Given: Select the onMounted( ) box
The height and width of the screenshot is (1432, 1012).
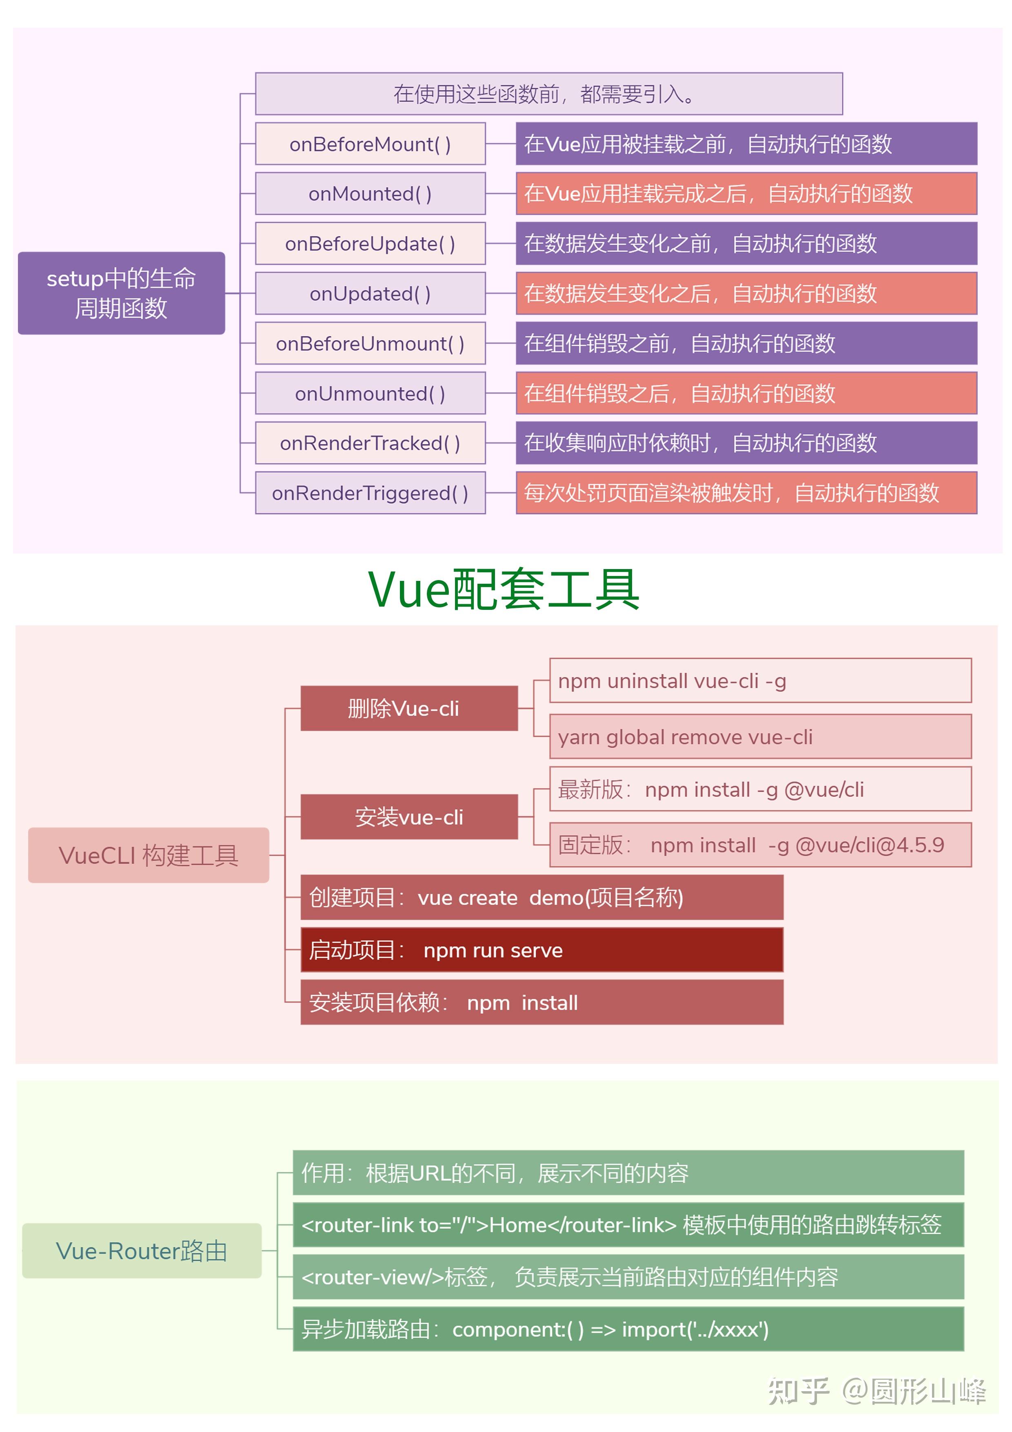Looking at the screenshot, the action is [371, 193].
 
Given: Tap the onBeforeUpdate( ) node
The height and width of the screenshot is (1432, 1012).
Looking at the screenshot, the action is [371, 243].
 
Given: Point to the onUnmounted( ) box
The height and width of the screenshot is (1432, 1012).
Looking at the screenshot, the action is [371, 393].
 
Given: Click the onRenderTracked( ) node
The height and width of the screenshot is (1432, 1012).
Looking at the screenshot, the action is [371, 443].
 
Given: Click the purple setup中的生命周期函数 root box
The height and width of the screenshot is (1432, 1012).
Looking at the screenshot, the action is [122, 293].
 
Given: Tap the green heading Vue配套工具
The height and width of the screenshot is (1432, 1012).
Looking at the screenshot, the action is [504, 589].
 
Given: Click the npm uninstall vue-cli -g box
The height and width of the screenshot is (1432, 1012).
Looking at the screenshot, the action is [761, 680].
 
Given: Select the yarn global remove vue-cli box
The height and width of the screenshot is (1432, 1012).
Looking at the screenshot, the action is [761, 736].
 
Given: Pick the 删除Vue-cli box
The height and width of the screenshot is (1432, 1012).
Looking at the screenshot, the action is [409, 709].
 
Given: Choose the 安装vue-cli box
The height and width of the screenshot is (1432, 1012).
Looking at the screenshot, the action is [409, 817].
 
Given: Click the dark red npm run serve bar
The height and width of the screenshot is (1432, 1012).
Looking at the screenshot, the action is [542, 950].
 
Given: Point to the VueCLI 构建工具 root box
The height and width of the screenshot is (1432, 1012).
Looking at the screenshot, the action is [149, 855].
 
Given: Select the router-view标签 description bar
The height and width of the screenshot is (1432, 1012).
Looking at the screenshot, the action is [628, 1277].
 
